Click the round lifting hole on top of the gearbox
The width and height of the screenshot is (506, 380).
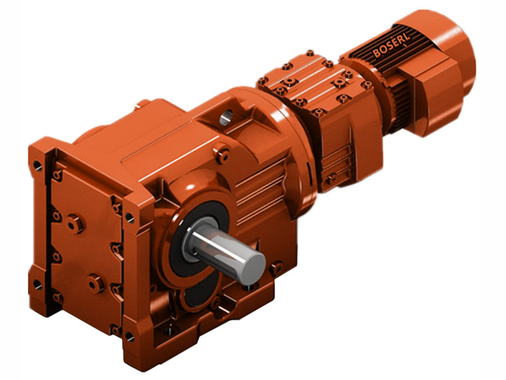point(227,116)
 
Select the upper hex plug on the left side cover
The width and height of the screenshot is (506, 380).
point(75,223)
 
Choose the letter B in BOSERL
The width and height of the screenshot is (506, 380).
point(378,53)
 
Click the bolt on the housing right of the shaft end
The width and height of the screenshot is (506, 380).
point(276,268)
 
